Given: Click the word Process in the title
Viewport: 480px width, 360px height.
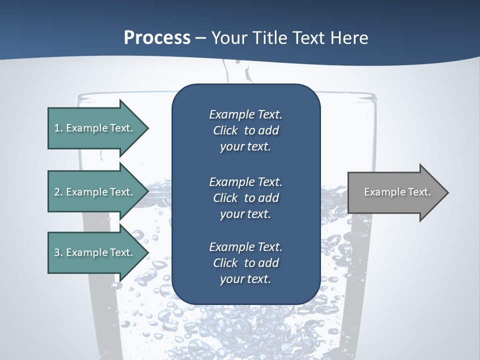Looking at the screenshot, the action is (x=157, y=38).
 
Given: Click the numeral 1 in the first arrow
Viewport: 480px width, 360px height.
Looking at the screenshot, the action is (x=57, y=128).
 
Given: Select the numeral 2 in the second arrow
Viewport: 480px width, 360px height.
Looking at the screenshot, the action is (x=57, y=192).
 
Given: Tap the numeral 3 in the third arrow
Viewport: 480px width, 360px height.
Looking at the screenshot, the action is (x=57, y=252).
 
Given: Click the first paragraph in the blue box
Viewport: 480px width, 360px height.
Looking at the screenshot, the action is (x=245, y=130).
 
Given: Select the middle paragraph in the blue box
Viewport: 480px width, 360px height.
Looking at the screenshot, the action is (x=245, y=198).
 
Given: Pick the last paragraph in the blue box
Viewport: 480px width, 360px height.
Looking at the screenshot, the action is (x=245, y=263).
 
